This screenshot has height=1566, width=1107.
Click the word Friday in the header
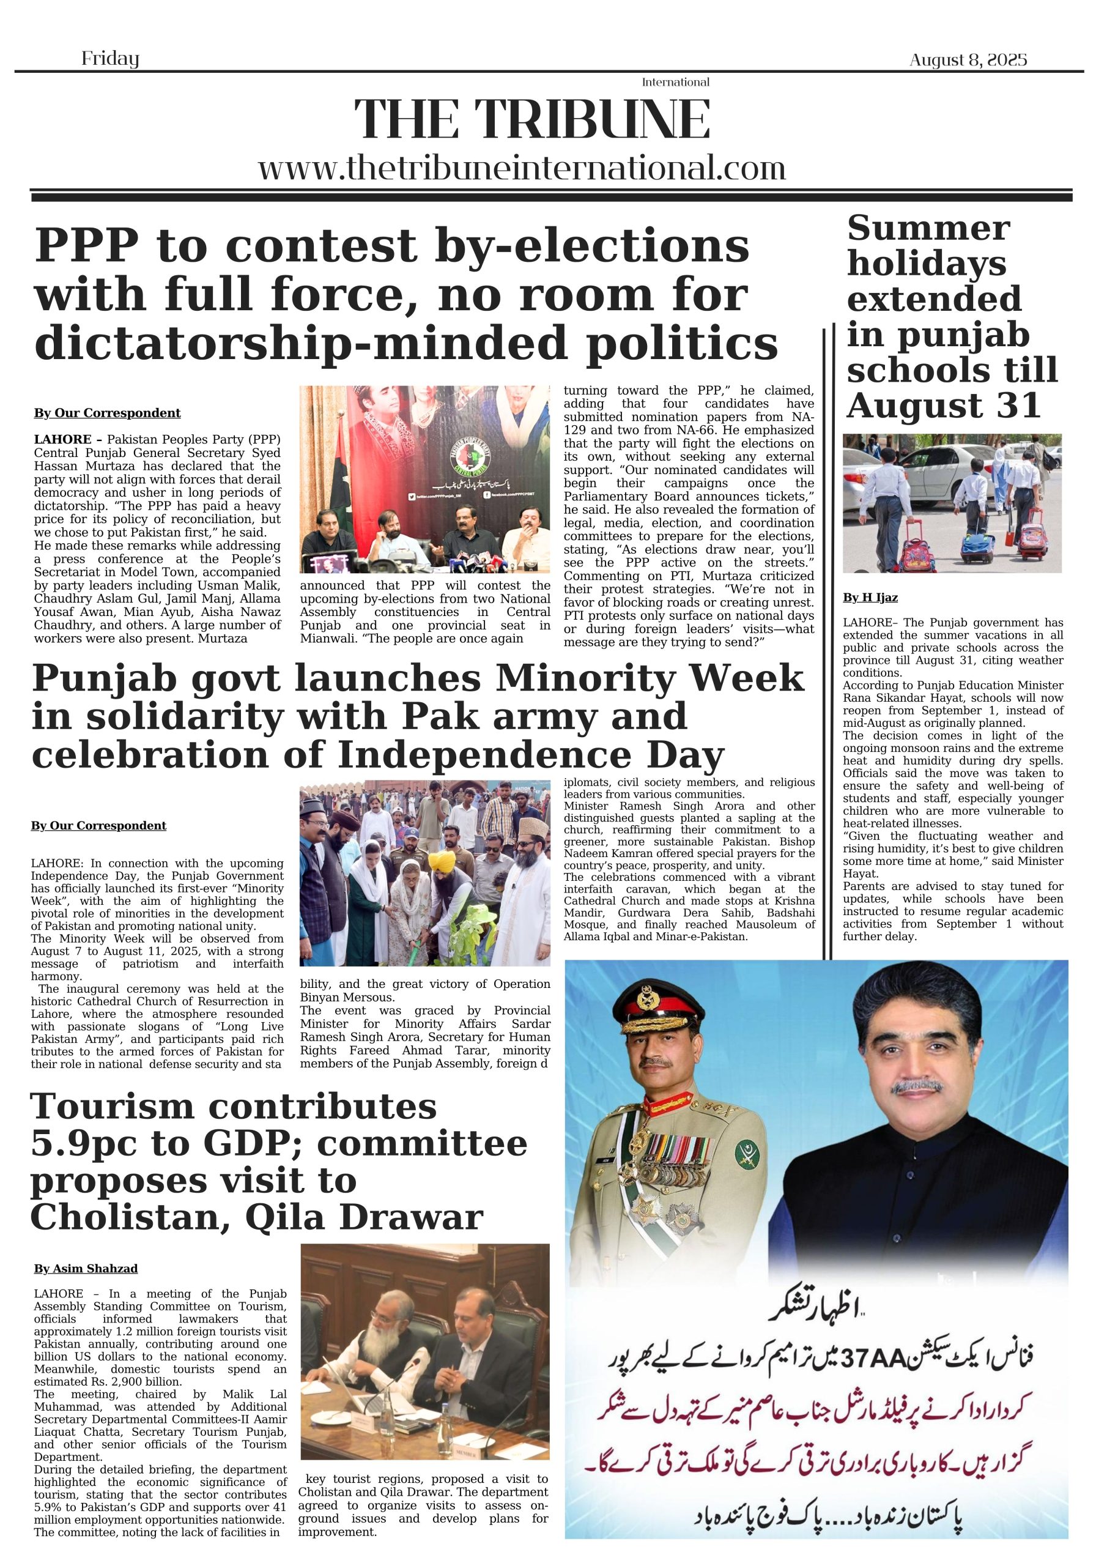coord(110,59)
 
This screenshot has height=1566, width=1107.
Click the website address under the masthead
coord(522,168)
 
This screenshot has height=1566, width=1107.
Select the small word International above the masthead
coord(675,83)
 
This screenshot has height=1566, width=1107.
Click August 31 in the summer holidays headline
coord(943,406)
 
